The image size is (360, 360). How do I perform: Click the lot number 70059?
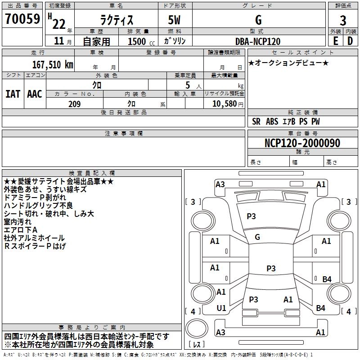pyautogui.click(x=22, y=19)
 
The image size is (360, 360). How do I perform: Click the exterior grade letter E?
pyautogui.click(x=335, y=41)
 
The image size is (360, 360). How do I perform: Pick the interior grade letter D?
pyautogui.click(x=350, y=41)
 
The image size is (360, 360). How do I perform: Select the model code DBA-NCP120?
pyautogui.click(x=258, y=41)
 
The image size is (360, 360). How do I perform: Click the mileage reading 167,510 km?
pyautogui.click(x=52, y=64)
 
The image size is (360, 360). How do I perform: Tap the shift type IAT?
pyautogui.click(x=13, y=94)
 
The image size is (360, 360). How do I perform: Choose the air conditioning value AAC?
pyautogui.click(x=34, y=94)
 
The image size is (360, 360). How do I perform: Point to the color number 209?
pyautogui.click(x=74, y=104)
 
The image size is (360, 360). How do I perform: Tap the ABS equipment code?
pyautogui.click(x=272, y=121)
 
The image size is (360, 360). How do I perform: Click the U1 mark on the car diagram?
pyautogui.click(x=221, y=308)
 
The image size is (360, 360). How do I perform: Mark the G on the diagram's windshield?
pyautogui.click(x=257, y=237)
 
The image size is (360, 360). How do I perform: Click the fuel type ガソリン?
pyautogui.click(x=175, y=41)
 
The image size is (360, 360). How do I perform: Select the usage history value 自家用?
pyautogui.click(x=96, y=41)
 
